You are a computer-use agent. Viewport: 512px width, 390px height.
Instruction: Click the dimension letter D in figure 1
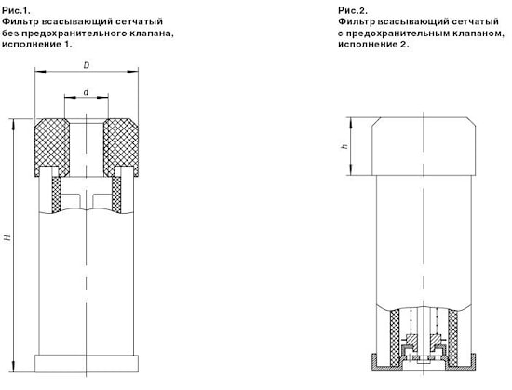tap(87, 65)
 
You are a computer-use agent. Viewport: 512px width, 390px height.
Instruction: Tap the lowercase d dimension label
tap(86, 92)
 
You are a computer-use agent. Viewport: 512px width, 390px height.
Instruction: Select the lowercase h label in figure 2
tap(344, 146)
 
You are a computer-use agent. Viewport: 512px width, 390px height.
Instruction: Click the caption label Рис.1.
tap(16, 11)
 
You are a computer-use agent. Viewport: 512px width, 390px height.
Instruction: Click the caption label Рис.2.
tap(353, 11)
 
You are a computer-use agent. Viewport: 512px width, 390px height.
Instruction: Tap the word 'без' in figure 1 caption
tap(9, 34)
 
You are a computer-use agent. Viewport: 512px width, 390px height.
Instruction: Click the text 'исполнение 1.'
tap(37, 44)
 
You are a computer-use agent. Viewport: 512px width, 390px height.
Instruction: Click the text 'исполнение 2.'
tap(373, 44)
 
